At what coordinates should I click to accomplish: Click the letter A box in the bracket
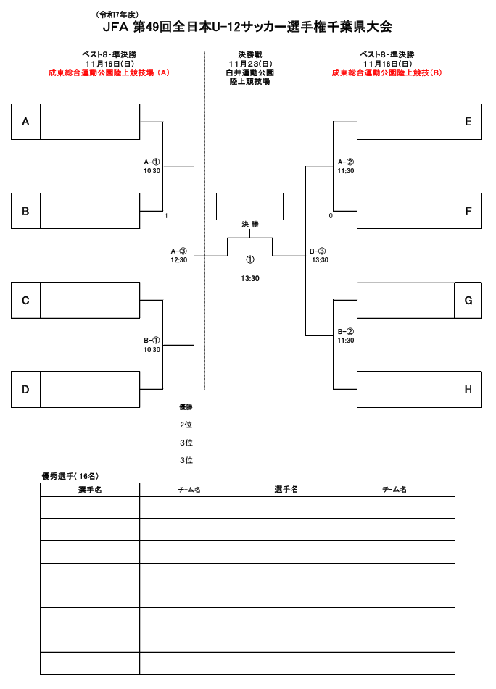coord(25,122)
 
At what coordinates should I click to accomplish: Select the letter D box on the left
coord(25,389)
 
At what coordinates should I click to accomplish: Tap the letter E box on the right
coord(468,122)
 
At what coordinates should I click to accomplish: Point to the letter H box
coord(468,389)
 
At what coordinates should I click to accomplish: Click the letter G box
coord(468,300)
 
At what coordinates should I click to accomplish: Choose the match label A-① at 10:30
coord(152,166)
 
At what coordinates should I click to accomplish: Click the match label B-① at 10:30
coord(152,344)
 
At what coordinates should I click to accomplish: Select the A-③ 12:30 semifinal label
coord(179,255)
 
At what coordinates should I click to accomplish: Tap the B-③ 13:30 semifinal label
coord(319,255)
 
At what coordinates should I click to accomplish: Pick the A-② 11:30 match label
coord(346,166)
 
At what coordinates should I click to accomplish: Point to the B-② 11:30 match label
coord(346,335)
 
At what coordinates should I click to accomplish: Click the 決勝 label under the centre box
coord(250,225)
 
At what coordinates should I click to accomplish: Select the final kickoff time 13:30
coord(250,278)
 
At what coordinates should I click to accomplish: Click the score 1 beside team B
coord(166,216)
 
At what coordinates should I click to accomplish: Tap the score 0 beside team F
coord(331,216)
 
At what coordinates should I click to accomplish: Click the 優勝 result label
coord(186,407)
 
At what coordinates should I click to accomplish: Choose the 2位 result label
coord(186,425)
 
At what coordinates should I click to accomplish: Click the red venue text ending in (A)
coord(109,72)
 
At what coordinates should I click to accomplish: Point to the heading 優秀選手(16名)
coord(70,476)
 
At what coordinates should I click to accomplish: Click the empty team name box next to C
coord(89,300)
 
